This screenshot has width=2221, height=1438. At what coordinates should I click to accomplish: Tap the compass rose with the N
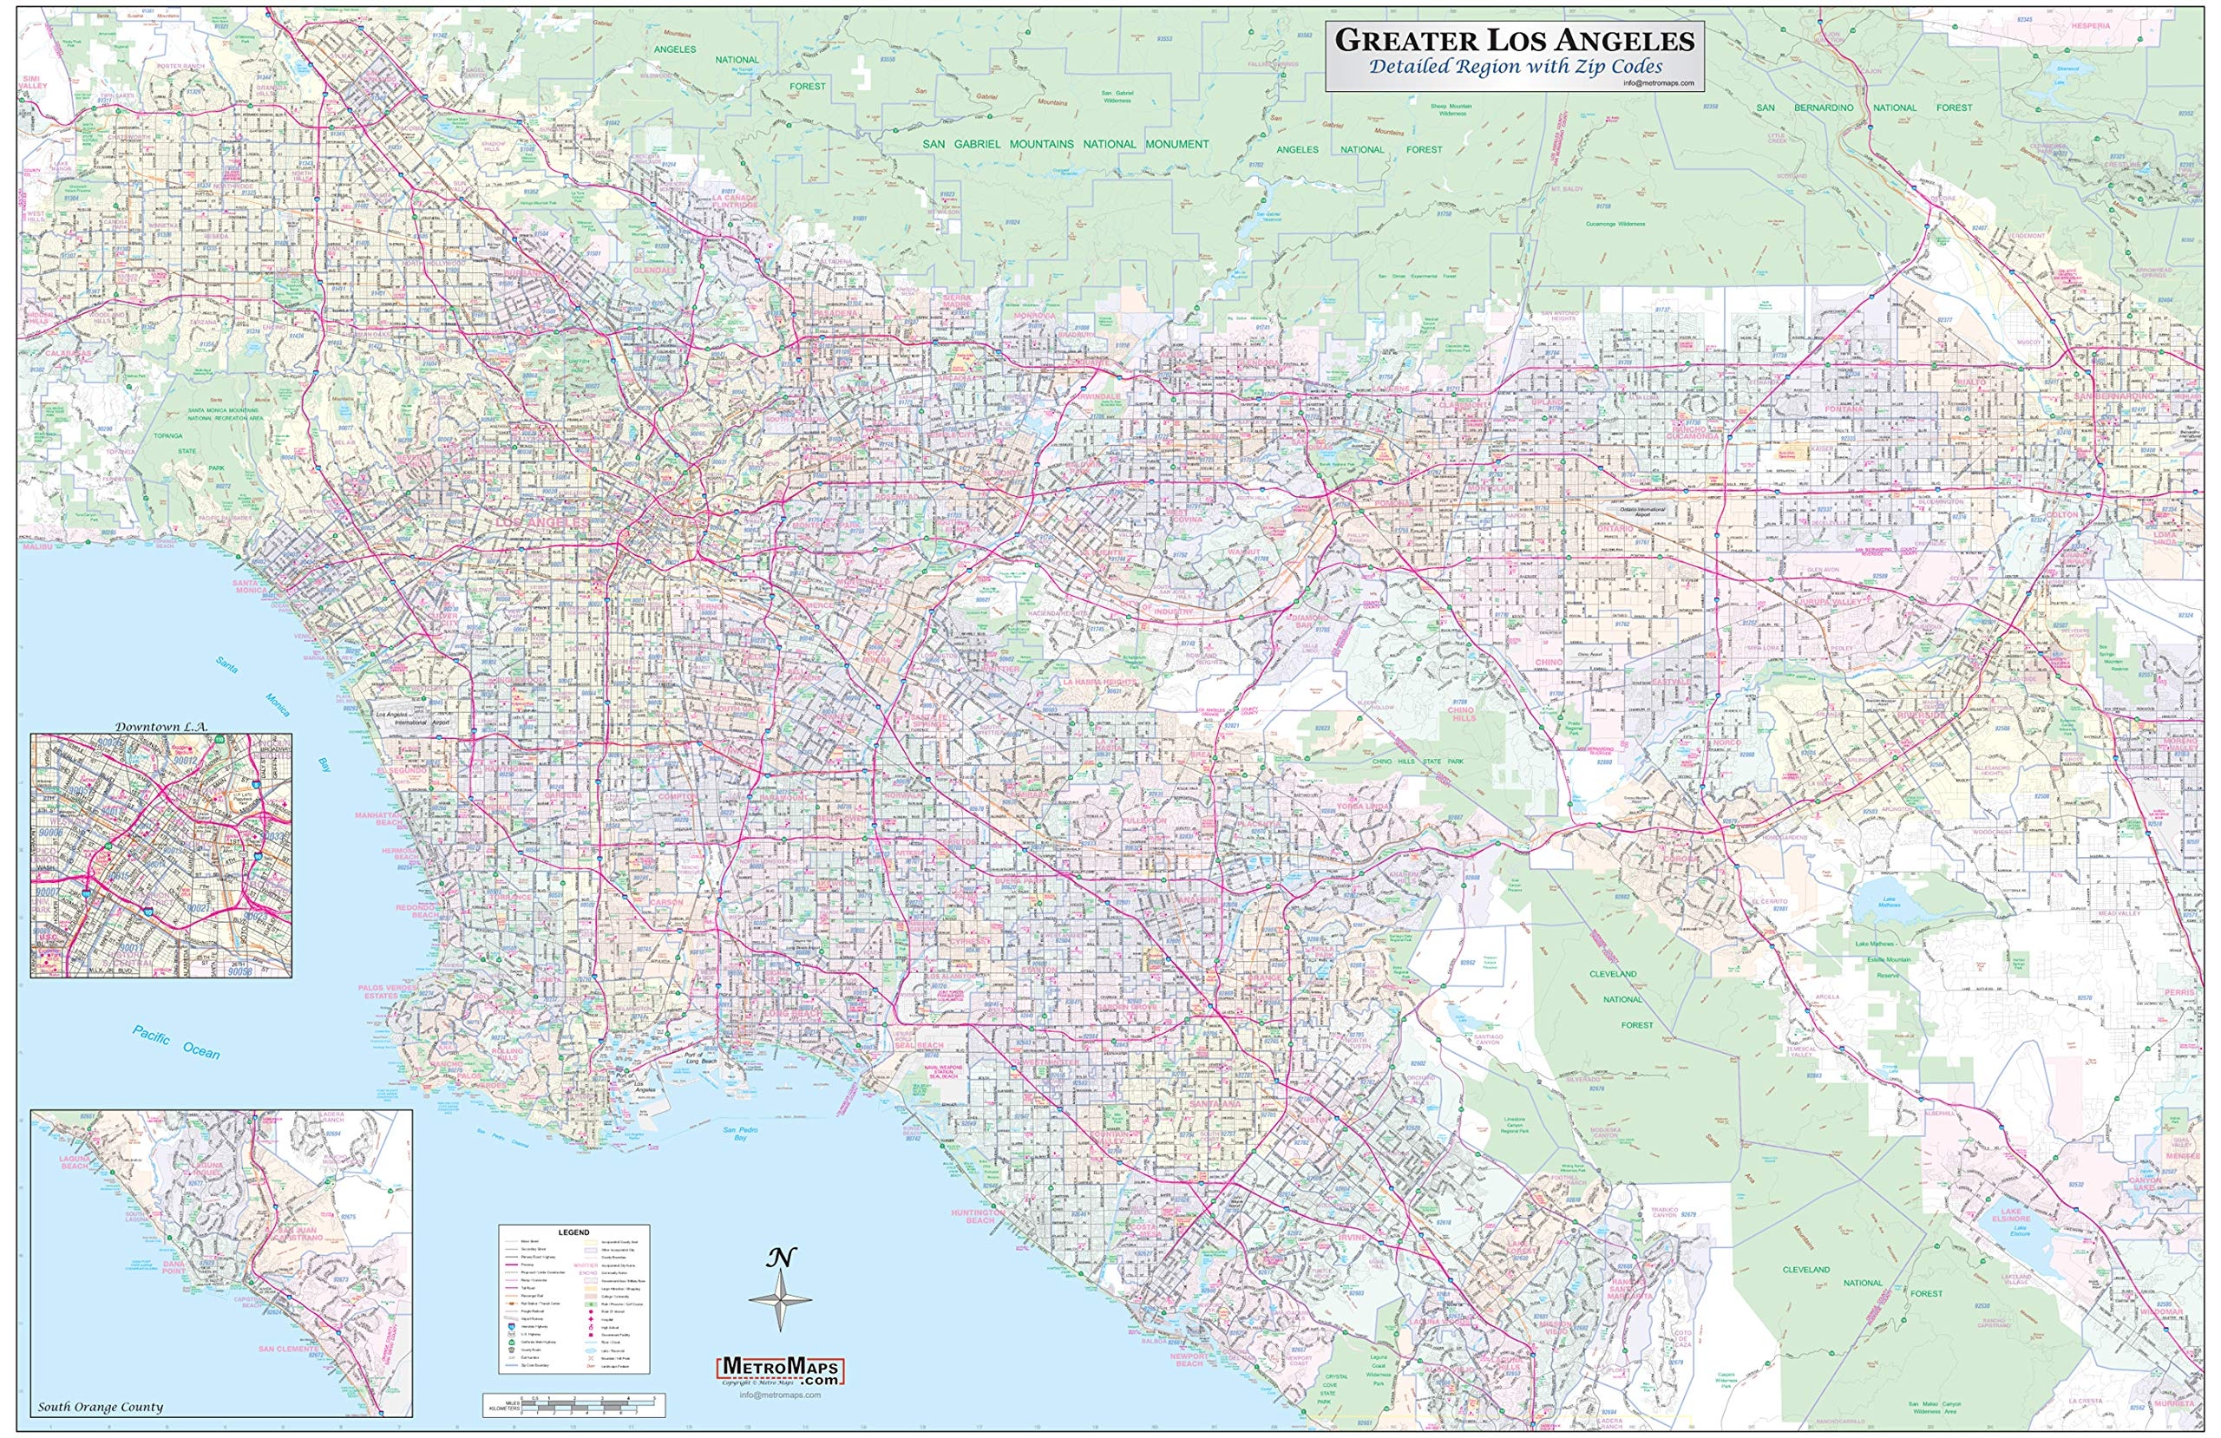(x=780, y=1298)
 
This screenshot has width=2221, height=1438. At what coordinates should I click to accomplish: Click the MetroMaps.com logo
(x=780, y=1369)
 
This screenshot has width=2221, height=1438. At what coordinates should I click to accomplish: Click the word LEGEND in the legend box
(x=573, y=1232)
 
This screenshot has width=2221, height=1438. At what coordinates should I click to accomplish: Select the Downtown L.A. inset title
(x=161, y=726)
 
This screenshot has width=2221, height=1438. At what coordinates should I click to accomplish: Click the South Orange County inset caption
(x=101, y=1407)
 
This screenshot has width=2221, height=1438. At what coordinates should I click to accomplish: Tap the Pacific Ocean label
(x=175, y=1043)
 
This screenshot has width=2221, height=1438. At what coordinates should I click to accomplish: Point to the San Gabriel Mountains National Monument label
(x=1065, y=145)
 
